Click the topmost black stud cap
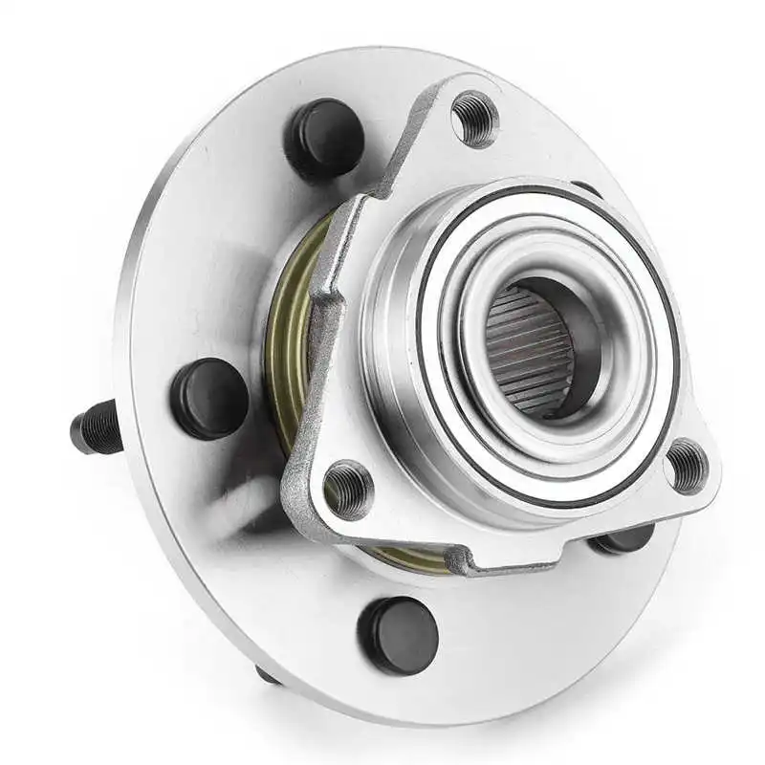tap(324, 137)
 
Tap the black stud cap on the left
tap(208, 398)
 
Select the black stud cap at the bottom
tap(399, 635)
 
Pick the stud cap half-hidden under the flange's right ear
tap(623, 541)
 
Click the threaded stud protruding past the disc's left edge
tap(97, 427)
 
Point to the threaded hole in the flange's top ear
tap(474, 118)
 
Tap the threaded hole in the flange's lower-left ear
tap(348, 487)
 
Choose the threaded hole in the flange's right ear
tap(687, 466)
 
